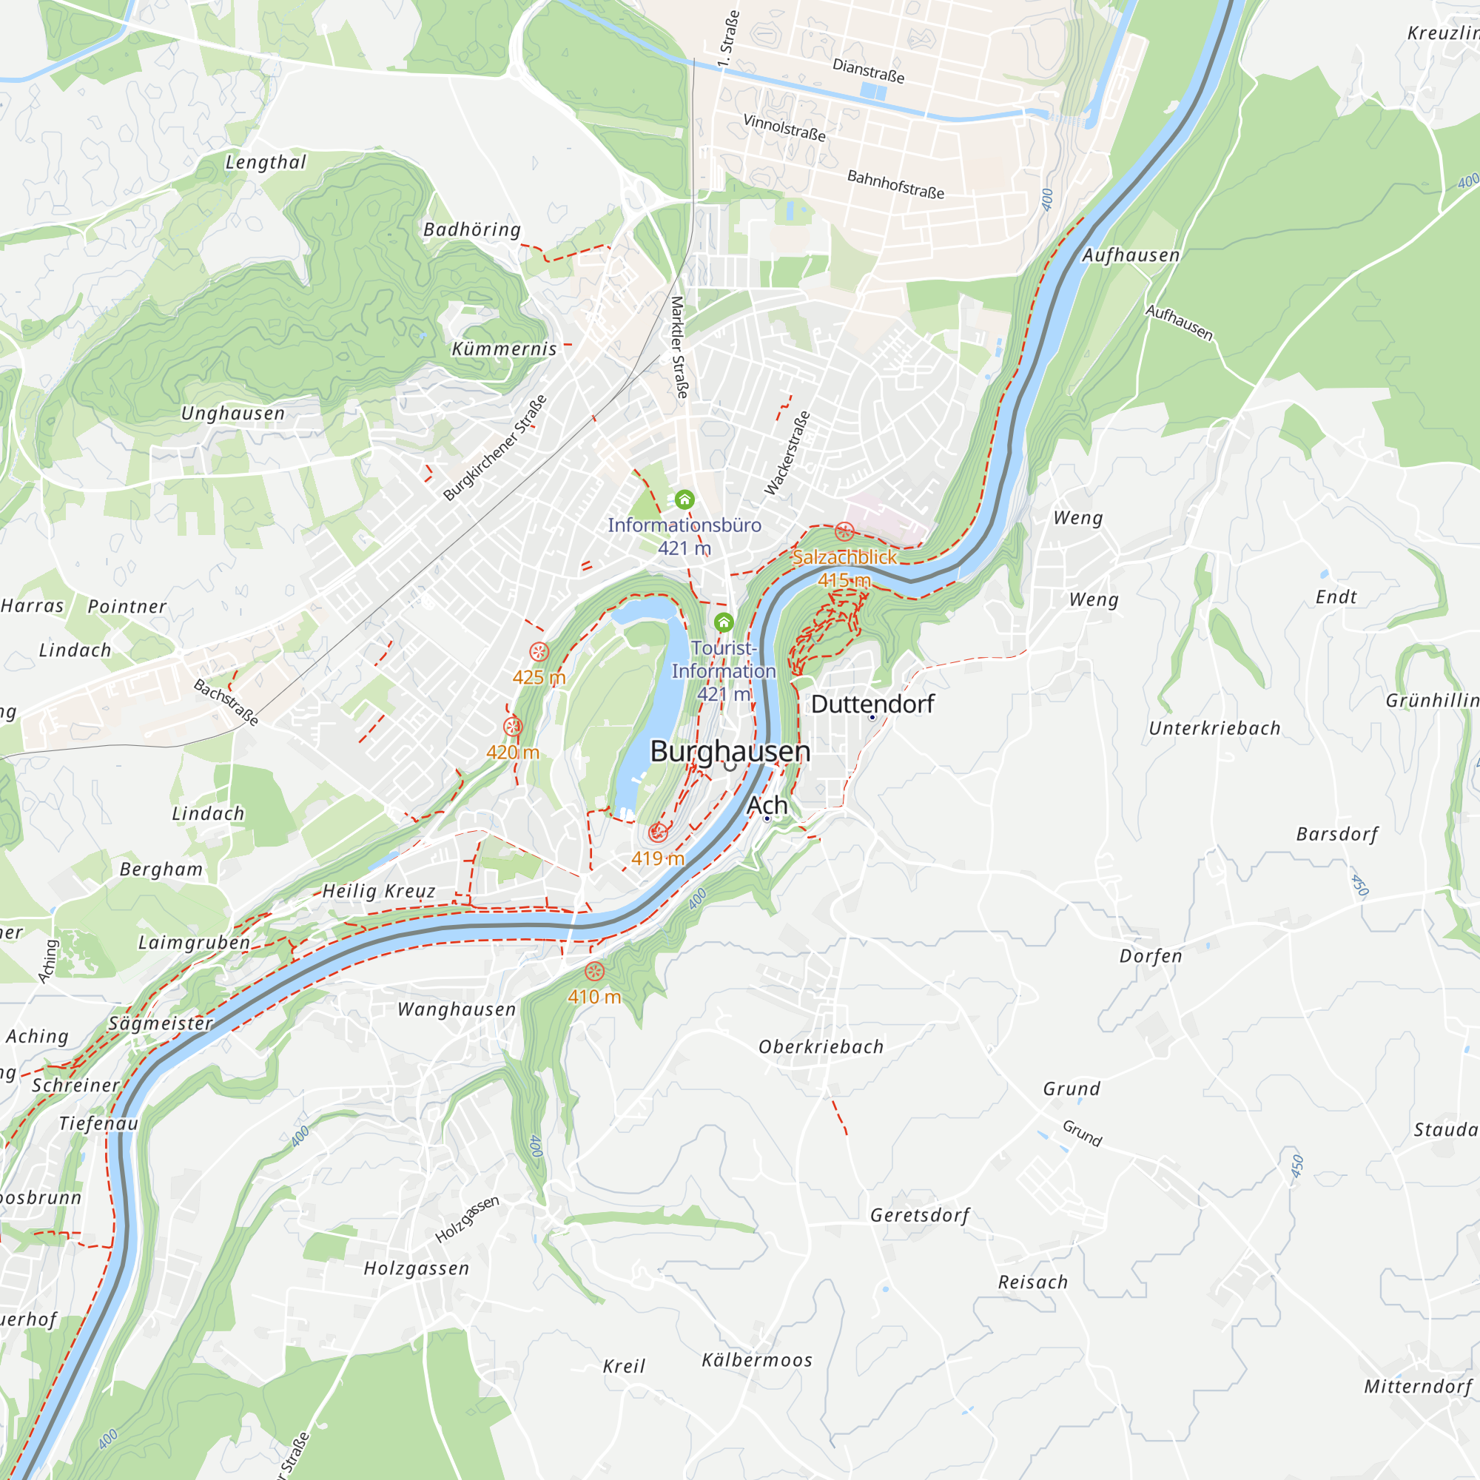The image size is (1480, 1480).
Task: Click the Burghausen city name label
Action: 730,752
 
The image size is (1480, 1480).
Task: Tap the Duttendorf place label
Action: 872,704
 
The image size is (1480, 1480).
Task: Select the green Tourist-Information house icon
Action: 723,622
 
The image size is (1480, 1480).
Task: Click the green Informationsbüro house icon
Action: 684,500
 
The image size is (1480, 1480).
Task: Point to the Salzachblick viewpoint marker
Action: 844,531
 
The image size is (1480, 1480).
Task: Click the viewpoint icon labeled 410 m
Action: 594,972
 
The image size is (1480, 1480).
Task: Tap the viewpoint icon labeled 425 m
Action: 539,652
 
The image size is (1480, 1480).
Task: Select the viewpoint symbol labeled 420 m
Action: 513,726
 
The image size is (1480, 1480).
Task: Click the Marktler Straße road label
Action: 679,347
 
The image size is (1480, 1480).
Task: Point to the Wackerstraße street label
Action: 787,453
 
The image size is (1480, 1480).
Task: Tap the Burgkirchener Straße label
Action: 495,448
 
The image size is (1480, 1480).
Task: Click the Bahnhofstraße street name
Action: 895,184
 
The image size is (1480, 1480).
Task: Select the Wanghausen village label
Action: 457,1009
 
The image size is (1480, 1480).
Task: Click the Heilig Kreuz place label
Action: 378,891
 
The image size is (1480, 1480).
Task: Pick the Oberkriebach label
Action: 821,1047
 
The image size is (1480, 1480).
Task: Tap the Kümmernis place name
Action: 504,349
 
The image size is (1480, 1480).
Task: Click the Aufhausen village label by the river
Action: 1130,255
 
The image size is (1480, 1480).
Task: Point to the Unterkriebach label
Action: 1214,728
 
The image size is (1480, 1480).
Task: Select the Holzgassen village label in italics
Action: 416,1268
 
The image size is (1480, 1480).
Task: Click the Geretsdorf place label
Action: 919,1216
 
